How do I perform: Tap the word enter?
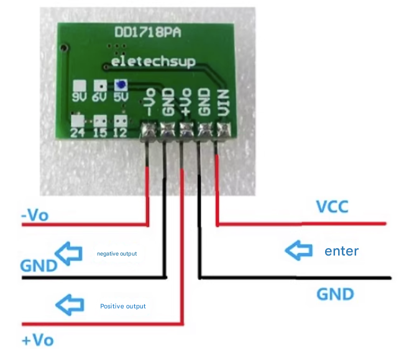342,251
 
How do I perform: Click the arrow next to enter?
298,251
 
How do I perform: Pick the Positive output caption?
123,306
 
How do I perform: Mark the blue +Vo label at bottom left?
37,340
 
